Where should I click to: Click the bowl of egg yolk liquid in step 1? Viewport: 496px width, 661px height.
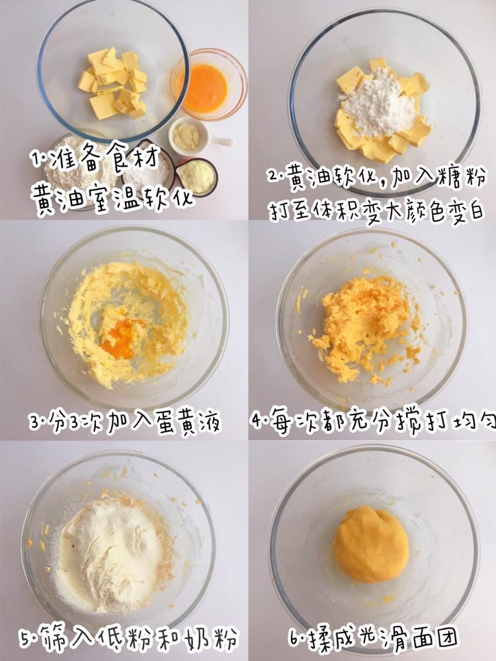[206, 87]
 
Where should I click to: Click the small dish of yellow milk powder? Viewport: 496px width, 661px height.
[195, 176]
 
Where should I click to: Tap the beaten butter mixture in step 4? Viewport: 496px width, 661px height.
[364, 328]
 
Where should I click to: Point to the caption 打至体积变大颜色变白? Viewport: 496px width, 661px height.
[376, 211]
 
